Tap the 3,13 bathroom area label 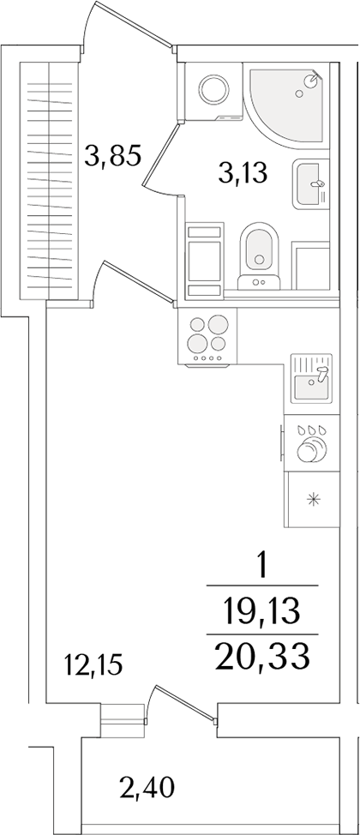[243, 175]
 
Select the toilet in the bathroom [256, 251]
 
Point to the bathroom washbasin [310, 183]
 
